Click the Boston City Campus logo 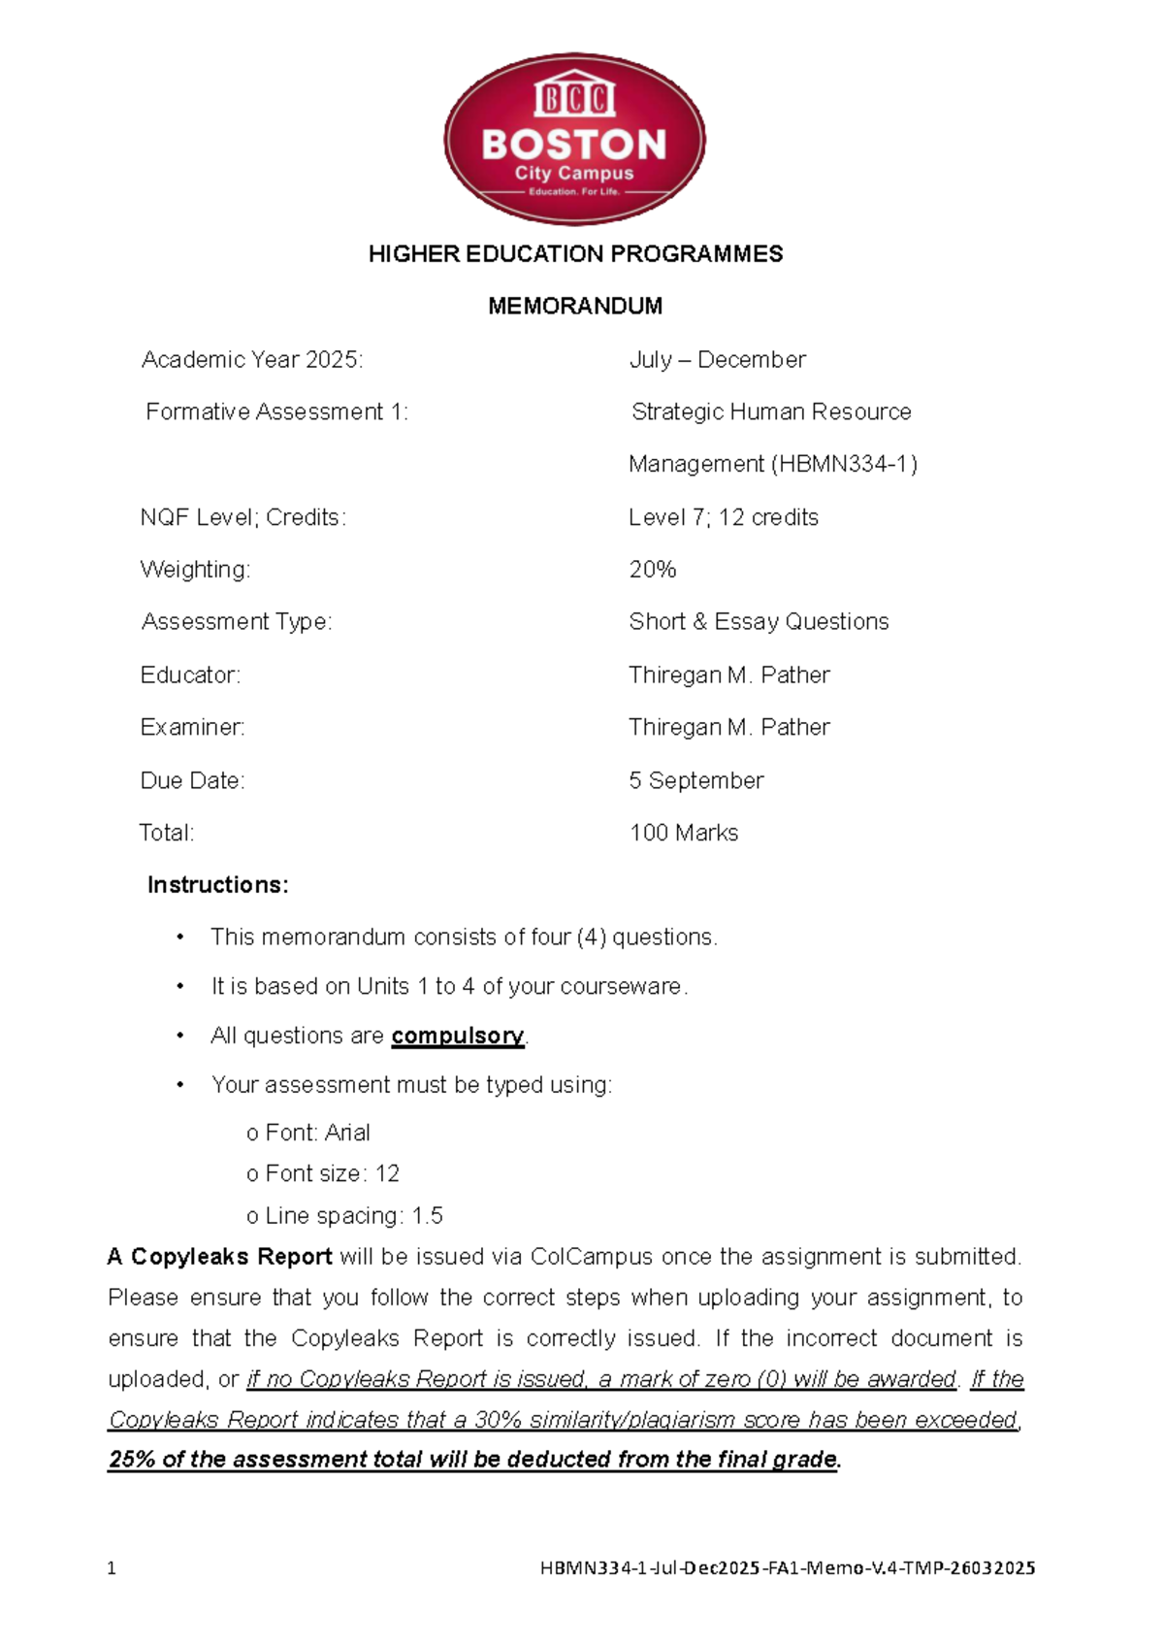pos(574,140)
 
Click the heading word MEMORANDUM pos(575,307)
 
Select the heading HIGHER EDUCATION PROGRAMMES pos(575,254)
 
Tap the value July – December pos(717,360)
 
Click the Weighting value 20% pos(652,570)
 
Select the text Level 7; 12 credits pos(723,517)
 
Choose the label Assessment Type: pos(237,622)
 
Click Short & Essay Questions pos(759,622)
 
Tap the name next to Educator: pos(728,675)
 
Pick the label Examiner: pos(192,728)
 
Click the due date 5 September pos(695,780)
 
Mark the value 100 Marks pos(684,833)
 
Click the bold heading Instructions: pos(217,885)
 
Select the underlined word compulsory pos(457,1036)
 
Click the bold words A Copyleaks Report pos(220,1257)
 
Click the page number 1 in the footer pos(112,1568)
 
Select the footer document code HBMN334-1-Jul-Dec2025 pos(650,1568)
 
